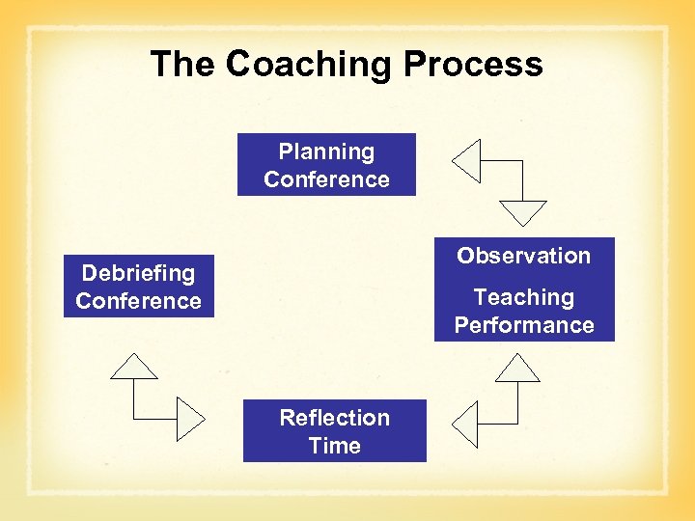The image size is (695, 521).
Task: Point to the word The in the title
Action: (183, 65)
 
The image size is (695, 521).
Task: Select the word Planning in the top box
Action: (326, 151)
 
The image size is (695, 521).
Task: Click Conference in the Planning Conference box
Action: (326, 179)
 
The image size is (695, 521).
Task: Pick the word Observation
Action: (523, 256)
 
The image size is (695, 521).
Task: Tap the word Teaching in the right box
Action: (523, 297)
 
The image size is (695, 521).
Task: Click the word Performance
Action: (523, 325)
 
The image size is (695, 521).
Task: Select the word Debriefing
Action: (138, 273)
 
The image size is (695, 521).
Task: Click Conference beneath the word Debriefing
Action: (138, 301)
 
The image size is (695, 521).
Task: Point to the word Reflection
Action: (334, 418)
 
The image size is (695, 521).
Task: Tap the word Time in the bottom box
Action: (334, 446)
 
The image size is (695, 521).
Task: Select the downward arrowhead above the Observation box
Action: (522, 212)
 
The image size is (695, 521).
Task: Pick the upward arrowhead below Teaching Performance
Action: (522, 369)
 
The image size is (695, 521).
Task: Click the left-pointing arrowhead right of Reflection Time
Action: (467, 424)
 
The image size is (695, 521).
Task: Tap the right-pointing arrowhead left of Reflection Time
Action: (189, 418)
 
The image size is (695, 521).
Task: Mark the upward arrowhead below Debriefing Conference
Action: (134, 368)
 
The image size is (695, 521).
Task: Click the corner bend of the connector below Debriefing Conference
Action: (134, 418)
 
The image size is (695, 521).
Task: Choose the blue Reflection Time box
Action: (334, 431)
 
